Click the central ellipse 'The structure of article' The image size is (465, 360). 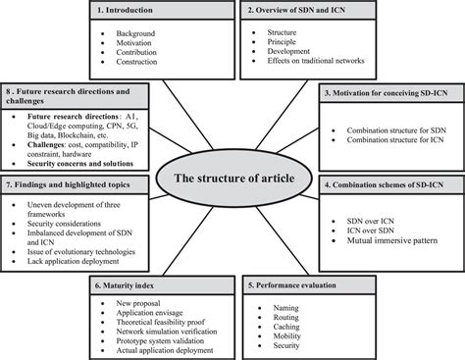(232, 180)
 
